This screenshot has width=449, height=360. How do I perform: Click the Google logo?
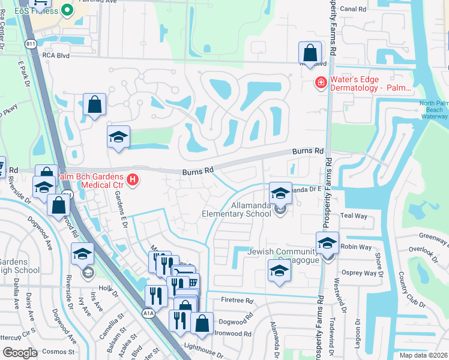click(20, 353)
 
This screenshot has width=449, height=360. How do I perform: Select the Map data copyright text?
click(423, 355)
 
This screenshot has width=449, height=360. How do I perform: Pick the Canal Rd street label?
click(352, 9)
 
